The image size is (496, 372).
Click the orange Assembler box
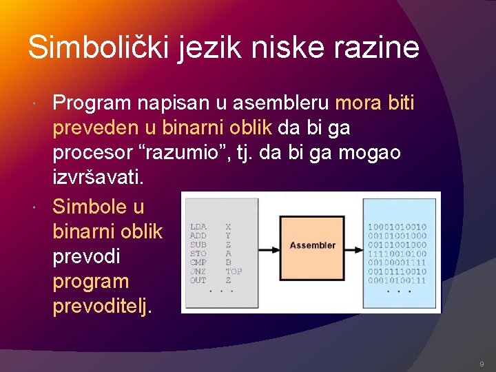tap(312, 245)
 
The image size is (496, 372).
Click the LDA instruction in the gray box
tap(198, 226)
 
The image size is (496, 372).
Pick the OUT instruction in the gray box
tap(198, 280)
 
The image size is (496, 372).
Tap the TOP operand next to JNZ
tap(234, 271)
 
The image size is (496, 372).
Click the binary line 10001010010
tap(397, 226)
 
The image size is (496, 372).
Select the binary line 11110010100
tap(397, 253)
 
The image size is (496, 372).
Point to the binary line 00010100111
tap(397, 280)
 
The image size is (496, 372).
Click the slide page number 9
tap(481, 363)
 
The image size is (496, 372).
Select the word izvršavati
tap(99, 177)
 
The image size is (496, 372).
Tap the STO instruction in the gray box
tap(198, 253)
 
